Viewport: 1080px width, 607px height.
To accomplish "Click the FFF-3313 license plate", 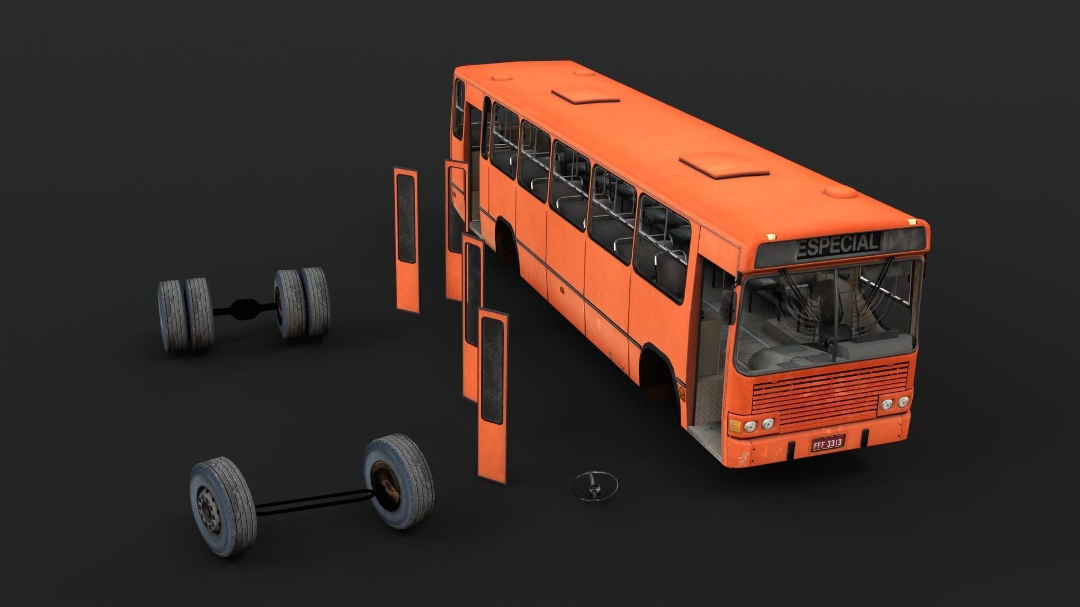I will pos(826,443).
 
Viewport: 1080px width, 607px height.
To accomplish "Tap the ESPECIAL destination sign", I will pos(838,246).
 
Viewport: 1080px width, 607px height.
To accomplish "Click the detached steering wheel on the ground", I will pos(595,484).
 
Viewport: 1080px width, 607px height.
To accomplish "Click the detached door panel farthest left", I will pos(407,239).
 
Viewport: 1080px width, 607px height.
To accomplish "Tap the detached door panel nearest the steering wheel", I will pos(492,396).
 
